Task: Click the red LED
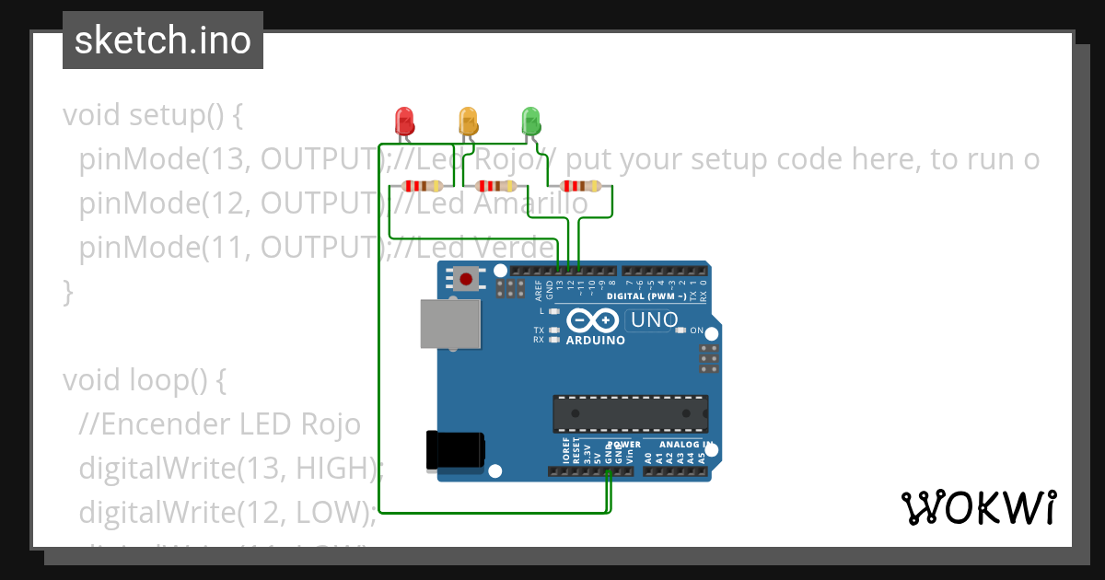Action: pos(403,121)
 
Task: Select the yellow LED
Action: pos(468,121)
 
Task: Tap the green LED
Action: pos(530,121)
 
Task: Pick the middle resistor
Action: pos(494,186)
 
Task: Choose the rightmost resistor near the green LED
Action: pos(580,186)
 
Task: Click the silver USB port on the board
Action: pos(450,324)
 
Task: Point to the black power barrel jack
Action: pos(455,450)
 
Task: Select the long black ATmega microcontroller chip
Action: pos(630,413)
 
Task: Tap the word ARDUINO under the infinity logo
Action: pos(596,340)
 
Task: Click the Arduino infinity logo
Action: pos(594,320)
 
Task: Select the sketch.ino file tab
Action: pos(163,41)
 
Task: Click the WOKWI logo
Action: pos(977,507)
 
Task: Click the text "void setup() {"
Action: pos(152,116)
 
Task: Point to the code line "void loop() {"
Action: pos(145,379)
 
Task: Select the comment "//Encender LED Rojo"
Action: pos(220,423)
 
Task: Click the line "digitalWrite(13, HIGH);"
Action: pos(231,468)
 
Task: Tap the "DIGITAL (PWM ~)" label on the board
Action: pos(646,296)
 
